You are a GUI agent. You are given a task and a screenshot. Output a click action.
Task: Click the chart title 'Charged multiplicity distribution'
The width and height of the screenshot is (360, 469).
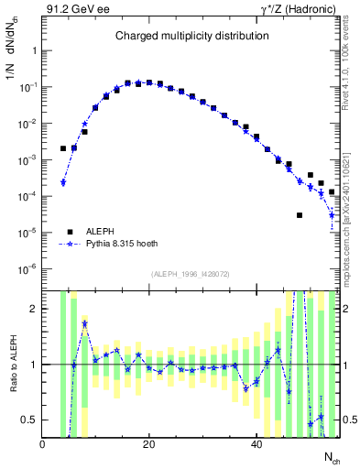tap(191, 36)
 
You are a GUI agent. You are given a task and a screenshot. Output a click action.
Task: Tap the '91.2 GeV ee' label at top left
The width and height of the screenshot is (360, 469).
tap(76, 9)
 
